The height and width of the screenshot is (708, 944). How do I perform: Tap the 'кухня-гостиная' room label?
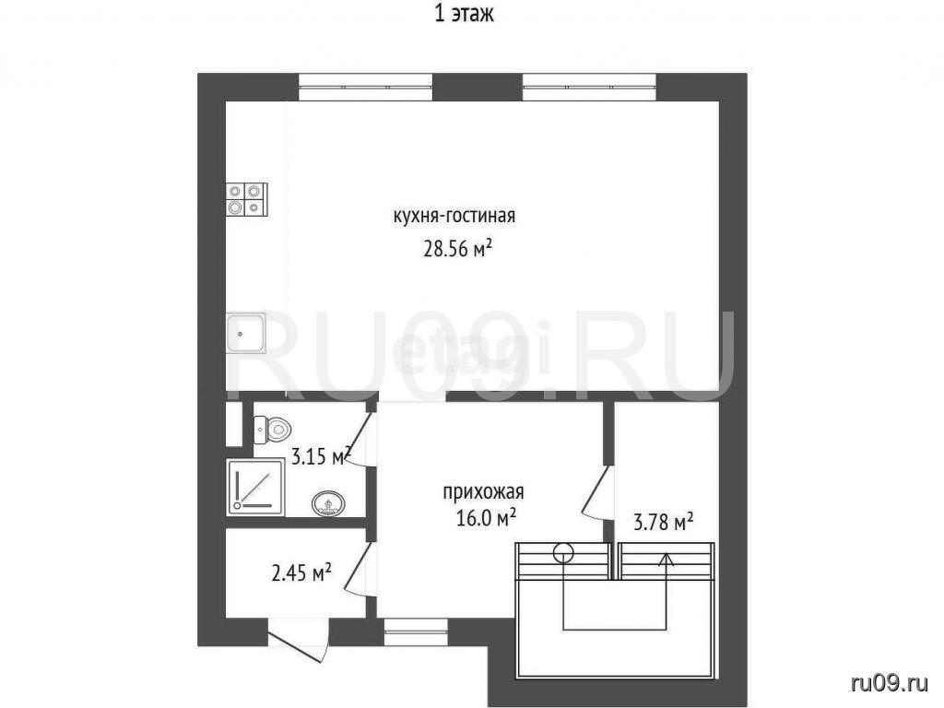coord(454,216)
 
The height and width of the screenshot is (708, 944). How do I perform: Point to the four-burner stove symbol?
coord(246,199)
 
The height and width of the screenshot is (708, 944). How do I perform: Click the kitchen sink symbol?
coord(245,333)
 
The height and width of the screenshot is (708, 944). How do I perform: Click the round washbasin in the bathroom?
coord(328,503)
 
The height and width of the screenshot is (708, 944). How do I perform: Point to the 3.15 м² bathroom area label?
coord(321,456)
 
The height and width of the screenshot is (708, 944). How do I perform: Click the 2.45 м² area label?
coord(302,573)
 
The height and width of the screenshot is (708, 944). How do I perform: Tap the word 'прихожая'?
coord(483,492)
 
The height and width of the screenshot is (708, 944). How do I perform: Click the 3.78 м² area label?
coord(664,522)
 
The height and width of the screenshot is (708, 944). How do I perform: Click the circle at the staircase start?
coord(564,551)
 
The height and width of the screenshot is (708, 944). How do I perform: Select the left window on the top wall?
coord(366,87)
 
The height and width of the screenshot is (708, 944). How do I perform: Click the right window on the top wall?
coord(589,87)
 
